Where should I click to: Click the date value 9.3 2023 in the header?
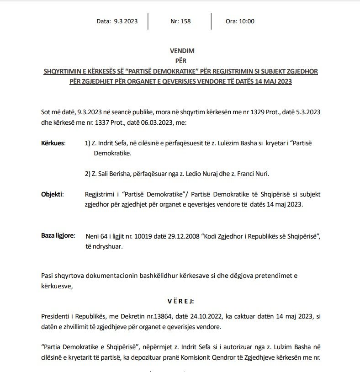click(x=126, y=21)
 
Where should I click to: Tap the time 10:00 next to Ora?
click(x=247, y=21)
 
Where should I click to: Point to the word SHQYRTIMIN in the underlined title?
click(x=61, y=72)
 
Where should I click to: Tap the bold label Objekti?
click(x=53, y=194)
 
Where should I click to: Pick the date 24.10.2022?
click(x=188, y=316)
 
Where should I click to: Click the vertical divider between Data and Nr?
click(x=152, y=21)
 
